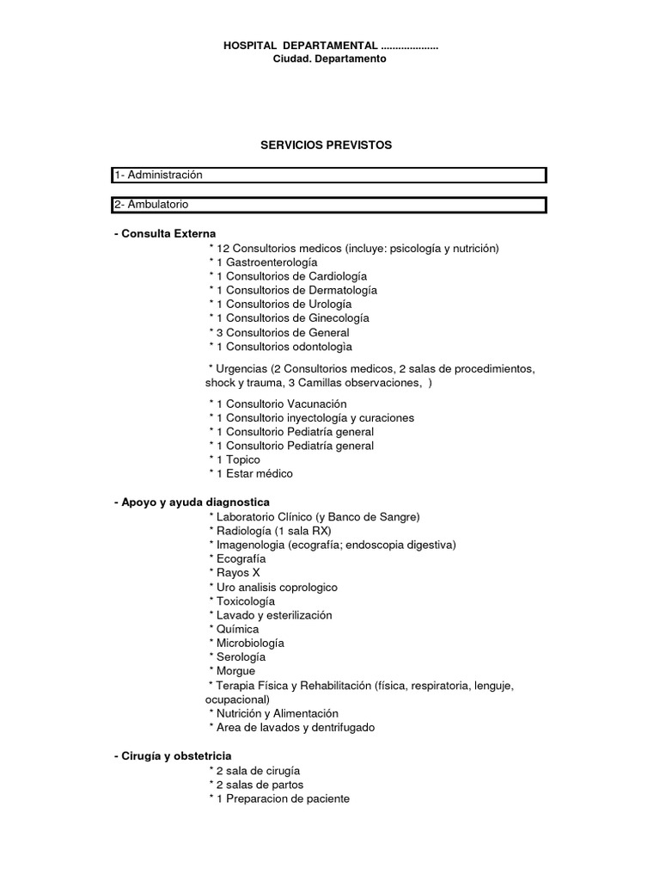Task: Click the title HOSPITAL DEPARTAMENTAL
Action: coord(300,45)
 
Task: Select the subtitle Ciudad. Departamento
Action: coord(329,59)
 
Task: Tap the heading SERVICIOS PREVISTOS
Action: coord(326,145)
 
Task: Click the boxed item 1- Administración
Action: coord(159,176)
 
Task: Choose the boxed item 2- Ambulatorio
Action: coord(152,205)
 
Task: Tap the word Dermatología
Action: coord(341,290)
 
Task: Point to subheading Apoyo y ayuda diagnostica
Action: coord(192,502)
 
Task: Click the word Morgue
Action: coord(236,671)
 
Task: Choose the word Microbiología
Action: coord(251,643)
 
